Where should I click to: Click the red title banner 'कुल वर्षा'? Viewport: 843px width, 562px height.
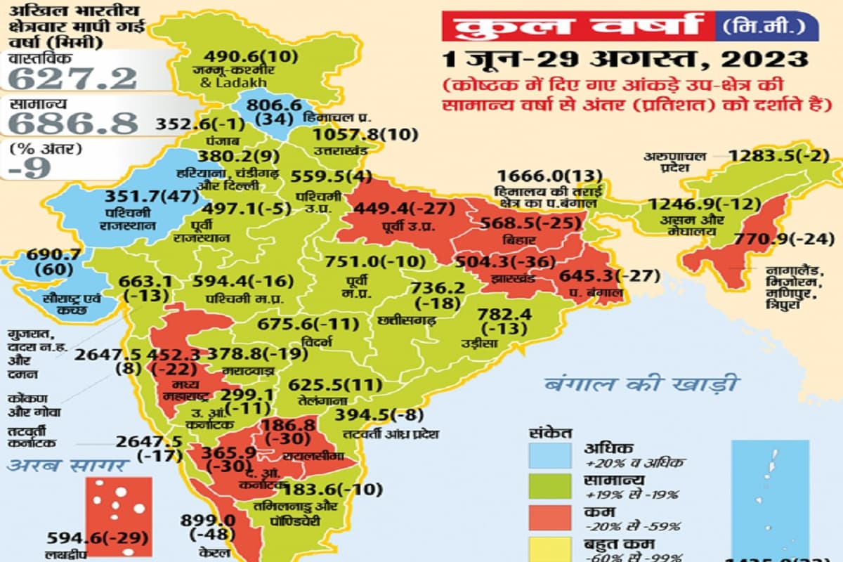click(x=577, y=26)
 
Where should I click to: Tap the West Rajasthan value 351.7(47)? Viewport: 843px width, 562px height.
click(x=150, y=197)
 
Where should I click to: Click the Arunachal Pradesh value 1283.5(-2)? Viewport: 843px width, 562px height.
click(x=780, y=155)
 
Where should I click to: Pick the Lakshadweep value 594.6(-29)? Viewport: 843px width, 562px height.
click(x=98, y=539)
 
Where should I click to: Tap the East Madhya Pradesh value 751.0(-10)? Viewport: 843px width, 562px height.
click(x=375, y=262)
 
